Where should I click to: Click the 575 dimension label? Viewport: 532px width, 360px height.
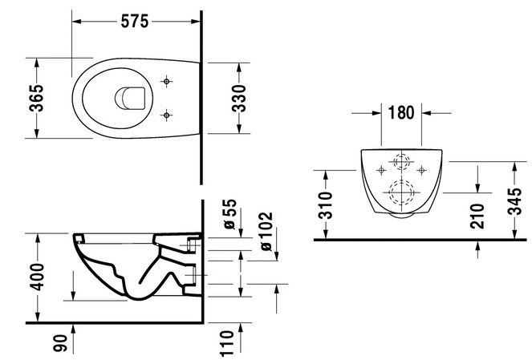tap(135, 22)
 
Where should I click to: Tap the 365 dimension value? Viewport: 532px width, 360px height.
tap(36, 98)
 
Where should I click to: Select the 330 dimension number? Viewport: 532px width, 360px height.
tap(238, 99)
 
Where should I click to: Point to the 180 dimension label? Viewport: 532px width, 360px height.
tap(401, 112)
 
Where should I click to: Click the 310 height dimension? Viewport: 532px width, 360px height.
tap(326, 204)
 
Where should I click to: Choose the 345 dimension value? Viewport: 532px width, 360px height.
tap(514, 200)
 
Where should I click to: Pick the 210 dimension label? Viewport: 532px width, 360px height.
tap(477, 216)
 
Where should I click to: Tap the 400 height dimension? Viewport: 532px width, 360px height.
tap(37, 277)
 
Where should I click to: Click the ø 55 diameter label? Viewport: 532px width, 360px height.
tap(230, 214)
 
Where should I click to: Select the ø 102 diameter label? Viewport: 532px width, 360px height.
tap(266, 231)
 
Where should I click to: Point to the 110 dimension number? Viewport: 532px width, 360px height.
tap(226, 344)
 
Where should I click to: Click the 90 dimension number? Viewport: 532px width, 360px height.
tap(60, 342)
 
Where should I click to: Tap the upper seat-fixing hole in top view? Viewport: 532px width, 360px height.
tap(166, 81)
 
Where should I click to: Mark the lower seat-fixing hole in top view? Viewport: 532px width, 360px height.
tap(166, 115)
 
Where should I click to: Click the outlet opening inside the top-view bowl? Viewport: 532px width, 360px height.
tap(130, 99)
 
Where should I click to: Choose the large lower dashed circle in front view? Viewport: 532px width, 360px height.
tap(390, 192)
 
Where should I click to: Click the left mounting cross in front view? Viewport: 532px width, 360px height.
tap(382, 170)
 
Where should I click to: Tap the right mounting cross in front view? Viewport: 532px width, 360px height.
tap(422, 170)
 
